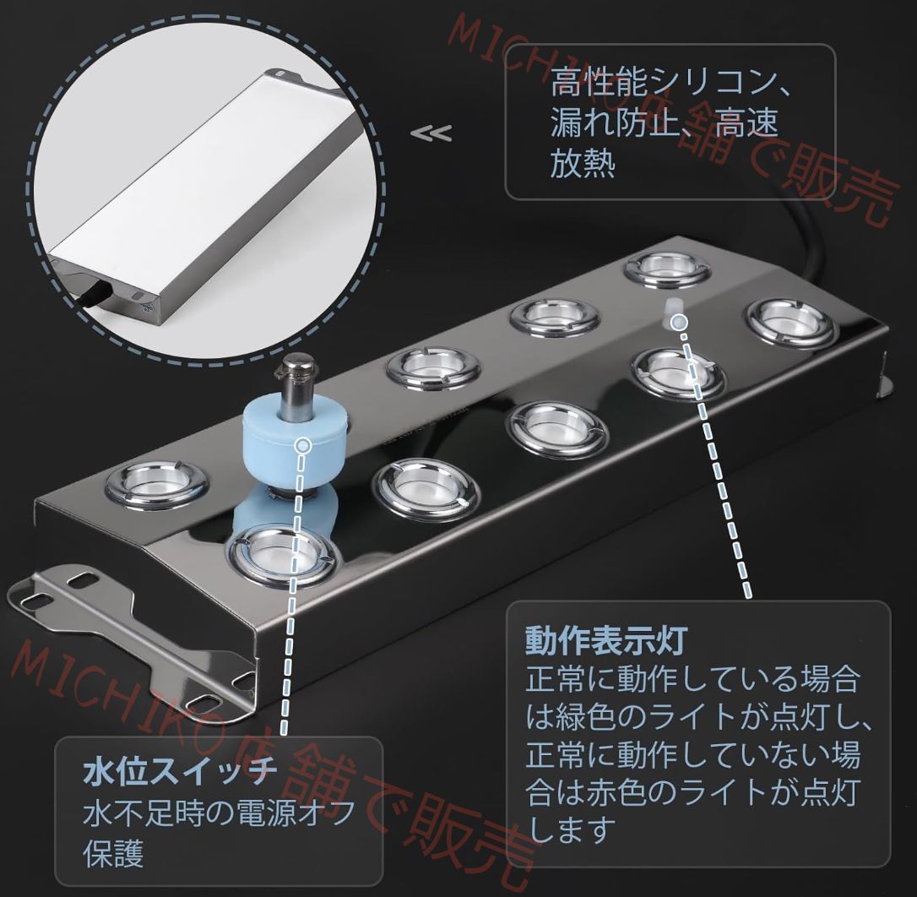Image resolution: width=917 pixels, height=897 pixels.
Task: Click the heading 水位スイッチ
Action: click(180, 771)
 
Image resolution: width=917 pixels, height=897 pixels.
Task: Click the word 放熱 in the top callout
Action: click(582, 162)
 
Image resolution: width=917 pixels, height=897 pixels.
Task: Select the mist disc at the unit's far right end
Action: click(790, 322)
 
